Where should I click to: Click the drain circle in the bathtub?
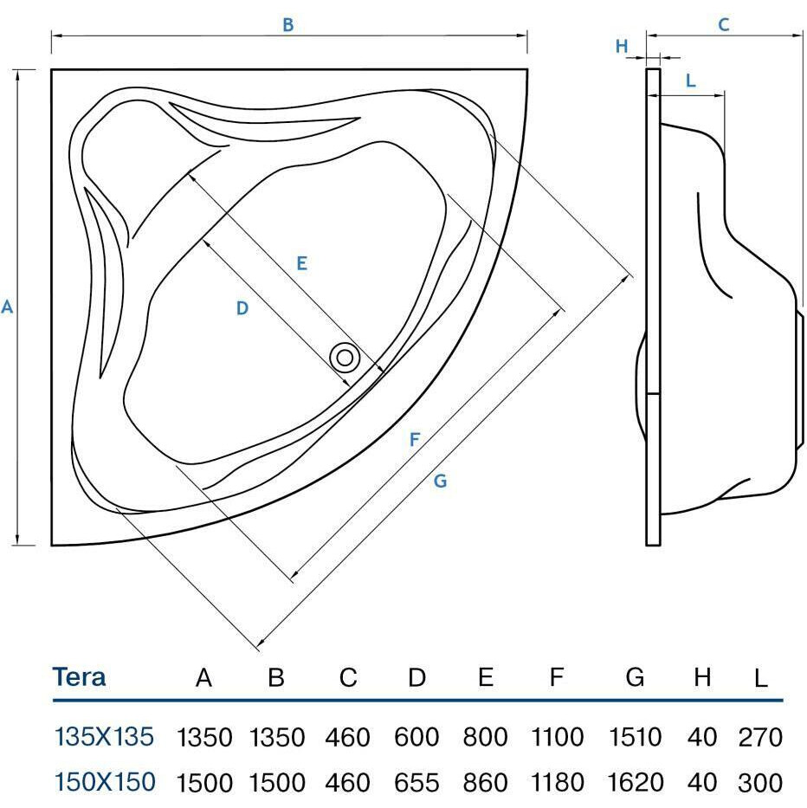345,357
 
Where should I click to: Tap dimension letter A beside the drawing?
8,307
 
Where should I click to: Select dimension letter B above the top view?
288,25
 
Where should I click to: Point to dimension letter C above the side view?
724,25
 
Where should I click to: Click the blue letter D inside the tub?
242,307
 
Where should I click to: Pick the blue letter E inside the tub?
301,263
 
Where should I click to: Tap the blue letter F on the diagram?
415,440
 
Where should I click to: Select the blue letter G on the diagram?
440,481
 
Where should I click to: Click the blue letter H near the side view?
621,47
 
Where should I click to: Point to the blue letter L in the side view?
690,81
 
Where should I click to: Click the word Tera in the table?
80,676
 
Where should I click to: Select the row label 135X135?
105,737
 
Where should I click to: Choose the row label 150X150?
105,782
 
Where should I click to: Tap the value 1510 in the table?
635,738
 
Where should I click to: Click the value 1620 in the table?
635,783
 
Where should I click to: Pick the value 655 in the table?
416,783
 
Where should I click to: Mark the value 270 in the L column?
760,738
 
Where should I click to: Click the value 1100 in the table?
557,738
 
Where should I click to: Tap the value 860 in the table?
485,783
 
